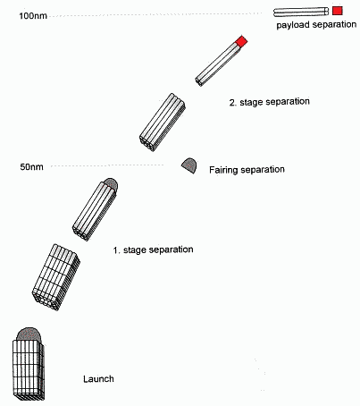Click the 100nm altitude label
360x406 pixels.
(33, 15)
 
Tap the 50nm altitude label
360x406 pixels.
(31, 166)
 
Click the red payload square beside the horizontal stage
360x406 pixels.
(338, 11)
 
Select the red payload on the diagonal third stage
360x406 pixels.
(241, 41)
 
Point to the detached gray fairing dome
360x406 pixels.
(189, 165)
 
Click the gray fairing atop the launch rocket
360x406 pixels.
(29, 334)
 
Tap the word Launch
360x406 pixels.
(98, 379)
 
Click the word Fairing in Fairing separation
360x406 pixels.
(223, 170)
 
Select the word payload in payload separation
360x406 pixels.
(293, 25)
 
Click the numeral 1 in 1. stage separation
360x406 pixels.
(115, 250)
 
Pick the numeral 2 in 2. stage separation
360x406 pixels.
(232, 103)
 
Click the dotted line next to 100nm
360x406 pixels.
(155, 14)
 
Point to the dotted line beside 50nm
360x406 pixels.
(107, 165)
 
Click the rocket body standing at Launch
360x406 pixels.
(29, 369)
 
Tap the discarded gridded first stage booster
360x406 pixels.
(56, 277)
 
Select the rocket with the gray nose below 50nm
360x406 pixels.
(96, 209)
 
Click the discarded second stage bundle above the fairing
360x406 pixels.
(163, 123)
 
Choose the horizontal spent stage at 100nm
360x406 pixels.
(301, 12)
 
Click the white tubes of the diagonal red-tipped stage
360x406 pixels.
(216, 64)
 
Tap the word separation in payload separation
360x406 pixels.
(334, 24)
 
